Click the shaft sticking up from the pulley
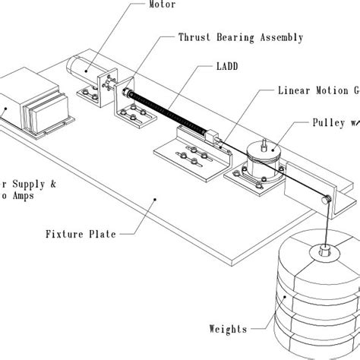tap(264, 142)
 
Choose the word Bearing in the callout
tap(242, 37)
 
